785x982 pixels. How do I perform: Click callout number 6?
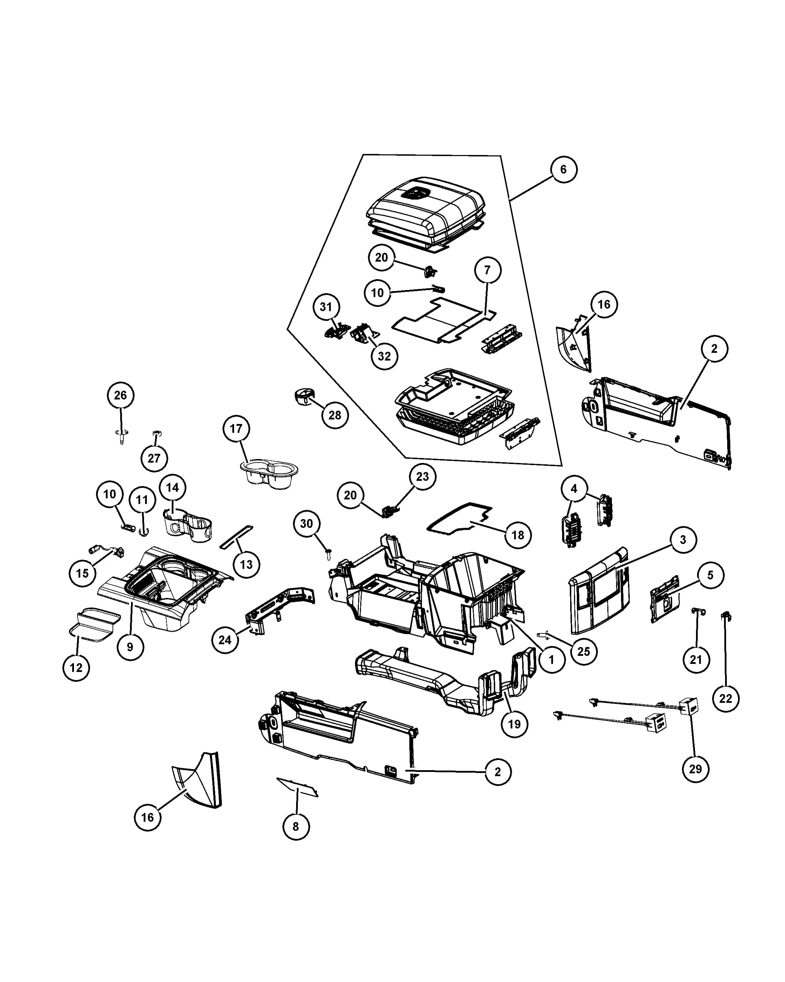point(564,169)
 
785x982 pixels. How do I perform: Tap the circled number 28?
point(335,415)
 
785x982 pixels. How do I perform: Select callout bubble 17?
point(236,429)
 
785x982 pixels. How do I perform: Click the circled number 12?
point(76,668)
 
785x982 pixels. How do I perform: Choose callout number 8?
point(296,826)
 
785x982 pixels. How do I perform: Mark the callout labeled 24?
point(225,640)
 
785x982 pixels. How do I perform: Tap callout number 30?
point(307,524)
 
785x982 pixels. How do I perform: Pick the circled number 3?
point(683,540)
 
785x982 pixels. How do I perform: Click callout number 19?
point(514,724)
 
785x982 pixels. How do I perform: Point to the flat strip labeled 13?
point(236,537)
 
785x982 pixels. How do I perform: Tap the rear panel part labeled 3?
point(599,591)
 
